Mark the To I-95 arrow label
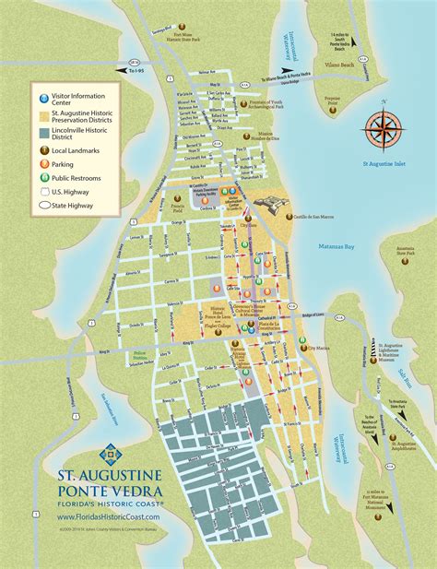pyautogui.click(x=136, y=69)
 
